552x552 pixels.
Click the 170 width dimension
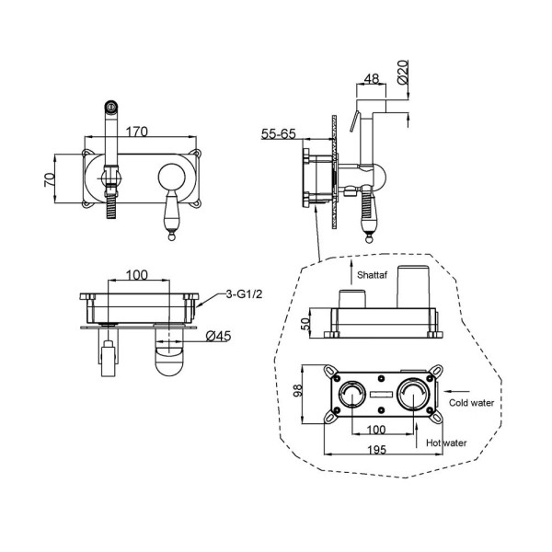(136, 132)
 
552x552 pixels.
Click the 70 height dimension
(50, 178)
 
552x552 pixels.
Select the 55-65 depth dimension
(279, 133)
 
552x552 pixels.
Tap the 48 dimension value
(372, 78)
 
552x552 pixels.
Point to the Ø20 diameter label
(403, 72)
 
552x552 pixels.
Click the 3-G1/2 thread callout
(244, 294)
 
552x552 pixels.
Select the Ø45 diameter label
(219, 336)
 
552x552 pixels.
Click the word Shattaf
(372, 275)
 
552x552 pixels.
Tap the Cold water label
(471, 403)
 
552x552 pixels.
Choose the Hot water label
(446, 443)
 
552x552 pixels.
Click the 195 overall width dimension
(376, 450)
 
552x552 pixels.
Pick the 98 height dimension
(298, 391)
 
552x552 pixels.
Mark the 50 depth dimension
(307, 323)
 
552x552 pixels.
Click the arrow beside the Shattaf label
(351, 273)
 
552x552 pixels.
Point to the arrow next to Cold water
(457, 391)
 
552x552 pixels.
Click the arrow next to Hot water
(417, 435)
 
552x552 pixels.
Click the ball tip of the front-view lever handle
(171, 237)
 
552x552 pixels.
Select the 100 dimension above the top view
(136, 275)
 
